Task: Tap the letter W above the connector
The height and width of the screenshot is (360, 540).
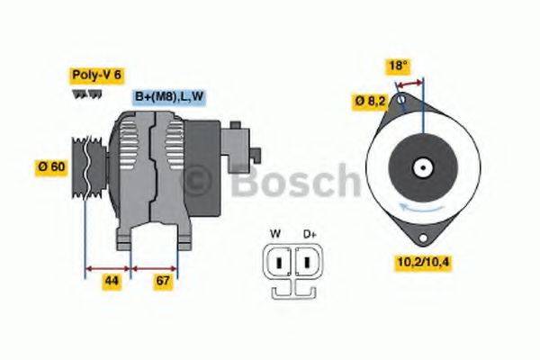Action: (x=275, y=234)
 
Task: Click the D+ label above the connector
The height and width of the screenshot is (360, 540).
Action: (x=310, y=234)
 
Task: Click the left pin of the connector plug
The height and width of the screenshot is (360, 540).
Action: (x=280, y=263)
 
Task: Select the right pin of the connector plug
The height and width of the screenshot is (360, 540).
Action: (x=305, y=263)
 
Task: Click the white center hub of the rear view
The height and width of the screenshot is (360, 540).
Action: (x=420, y=167)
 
